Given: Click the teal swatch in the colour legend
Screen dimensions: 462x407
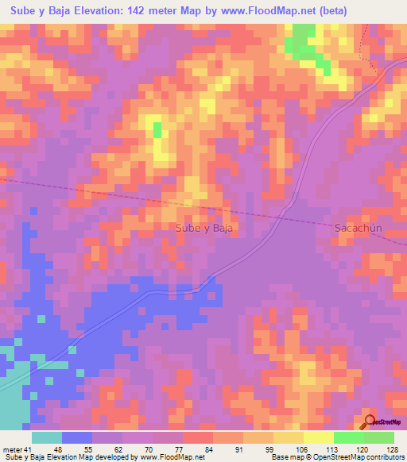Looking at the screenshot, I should coord(47,437).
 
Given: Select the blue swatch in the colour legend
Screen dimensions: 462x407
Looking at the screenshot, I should coord(77,437).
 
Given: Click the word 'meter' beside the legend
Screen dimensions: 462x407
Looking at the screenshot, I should coord(11,449).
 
